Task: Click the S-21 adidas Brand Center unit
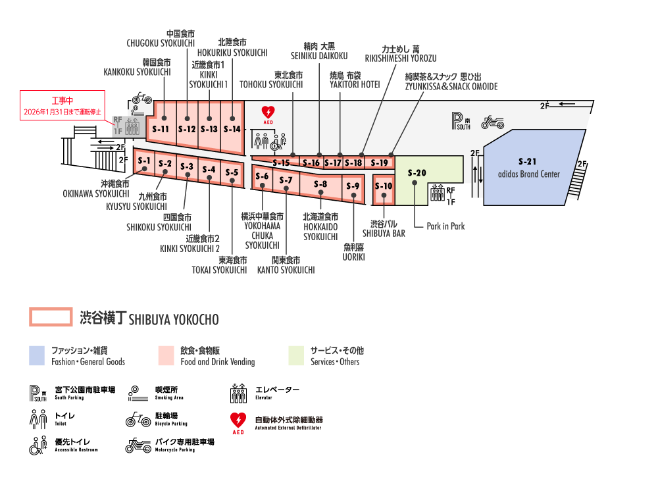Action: [x=533, y=168]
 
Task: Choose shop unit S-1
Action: [x=144, y=161]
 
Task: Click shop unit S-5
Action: [x=232, y=173]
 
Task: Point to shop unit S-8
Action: [x=320, y=185]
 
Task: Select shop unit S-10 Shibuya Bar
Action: [x=384, y=186]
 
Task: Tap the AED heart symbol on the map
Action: [x=268, y=113]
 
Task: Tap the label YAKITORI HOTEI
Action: [x=355, y=84]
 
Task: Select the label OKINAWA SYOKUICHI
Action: [x=96, y=193]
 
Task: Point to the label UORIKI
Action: [x=353, y=257]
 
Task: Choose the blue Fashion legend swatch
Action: [x=37, y=355]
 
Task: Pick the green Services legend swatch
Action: [x=296, y=355]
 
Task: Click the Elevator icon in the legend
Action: [x=238, y=393]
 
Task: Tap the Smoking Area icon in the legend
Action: [x=136, y=393]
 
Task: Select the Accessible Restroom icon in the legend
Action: [x=38, y=445]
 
